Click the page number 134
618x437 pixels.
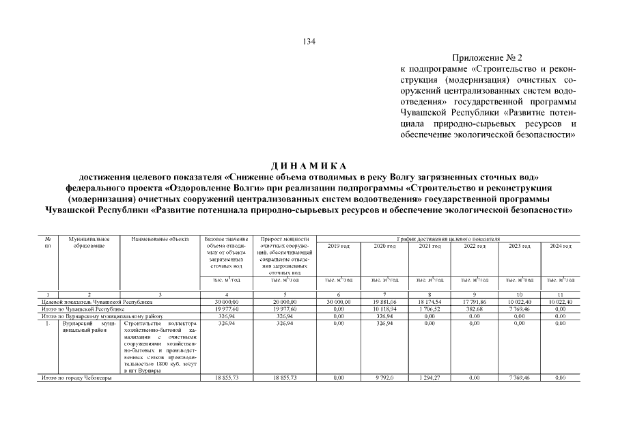309,42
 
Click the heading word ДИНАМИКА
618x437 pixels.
309,167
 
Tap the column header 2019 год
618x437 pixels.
339,246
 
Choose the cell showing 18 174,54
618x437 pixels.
430,301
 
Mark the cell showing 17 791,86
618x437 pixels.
474,301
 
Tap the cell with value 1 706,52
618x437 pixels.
430,309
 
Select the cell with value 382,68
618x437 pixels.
474,309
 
